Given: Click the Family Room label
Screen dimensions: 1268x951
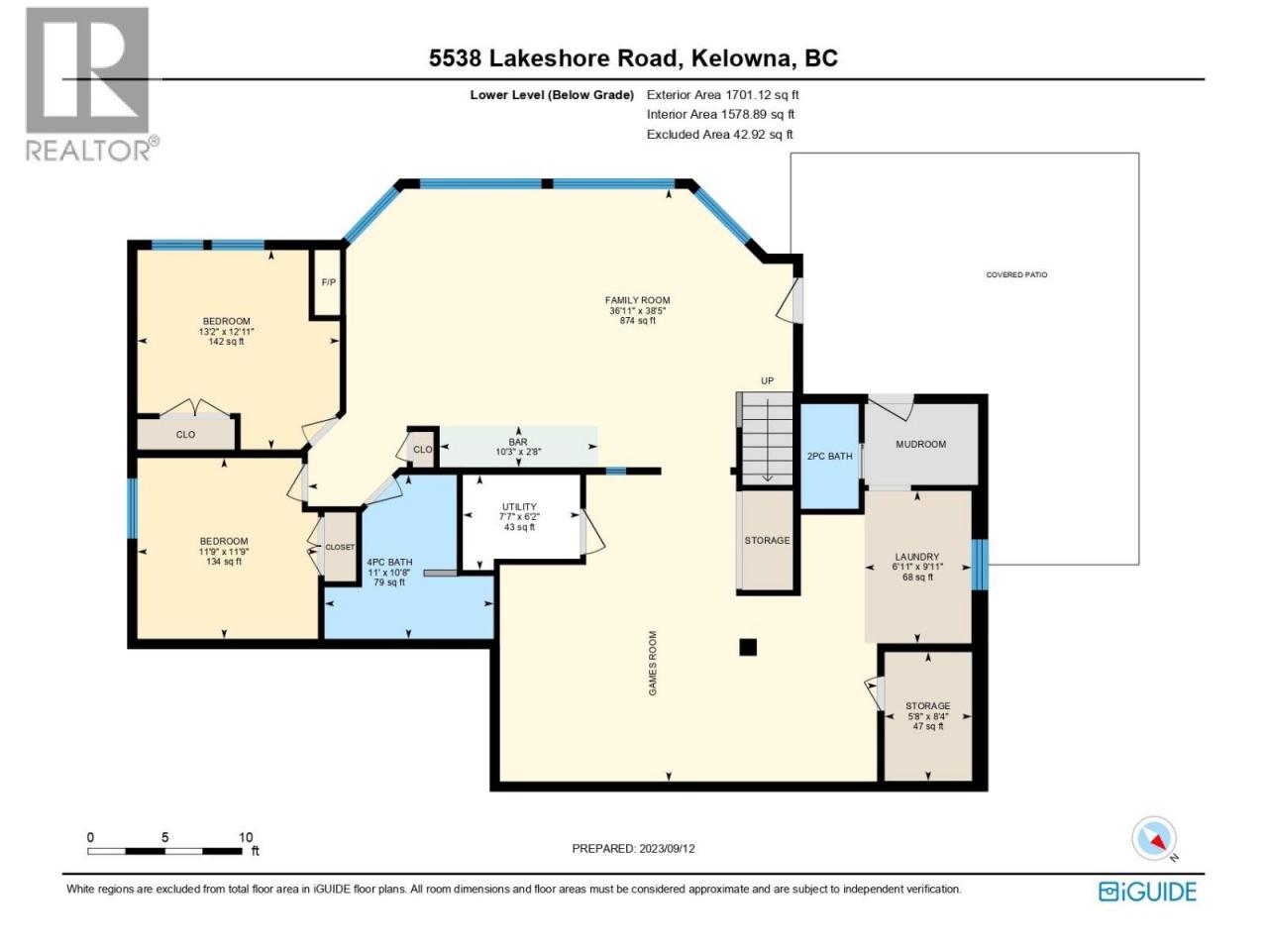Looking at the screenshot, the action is pos(637,300).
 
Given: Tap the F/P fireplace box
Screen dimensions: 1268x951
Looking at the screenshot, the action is pos(328,282).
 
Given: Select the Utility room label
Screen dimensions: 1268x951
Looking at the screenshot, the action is pos(519,506).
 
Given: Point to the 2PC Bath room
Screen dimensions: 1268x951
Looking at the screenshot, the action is pos(829,456).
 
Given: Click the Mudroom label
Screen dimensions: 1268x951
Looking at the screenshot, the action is pos(921,444).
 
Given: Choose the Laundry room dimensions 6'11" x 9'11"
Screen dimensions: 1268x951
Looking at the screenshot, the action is pos(917,567).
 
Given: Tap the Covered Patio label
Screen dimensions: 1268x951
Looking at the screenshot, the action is pos(1016,274).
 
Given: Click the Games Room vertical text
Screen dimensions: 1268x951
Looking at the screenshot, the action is pos(652,663).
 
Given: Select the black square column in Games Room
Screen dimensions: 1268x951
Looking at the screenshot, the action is pos(748,647).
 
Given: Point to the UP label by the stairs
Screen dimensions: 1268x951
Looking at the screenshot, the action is pos(767,381).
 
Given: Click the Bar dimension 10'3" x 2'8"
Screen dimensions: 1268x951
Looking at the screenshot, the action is pos(518,452).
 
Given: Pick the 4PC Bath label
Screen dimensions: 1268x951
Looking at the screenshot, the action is pos(389,562).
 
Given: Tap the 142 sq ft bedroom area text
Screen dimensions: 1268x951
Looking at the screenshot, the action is pos(226,341).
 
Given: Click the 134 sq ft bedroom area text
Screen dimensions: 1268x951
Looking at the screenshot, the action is pos(224,562).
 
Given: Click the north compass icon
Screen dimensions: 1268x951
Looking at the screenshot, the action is pos(1154,838).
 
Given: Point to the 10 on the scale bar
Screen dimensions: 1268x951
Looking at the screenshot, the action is pos(246,837).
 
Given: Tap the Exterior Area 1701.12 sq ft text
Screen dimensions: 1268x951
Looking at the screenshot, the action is pos(723,95).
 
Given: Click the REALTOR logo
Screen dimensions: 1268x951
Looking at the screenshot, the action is pos(91,84).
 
